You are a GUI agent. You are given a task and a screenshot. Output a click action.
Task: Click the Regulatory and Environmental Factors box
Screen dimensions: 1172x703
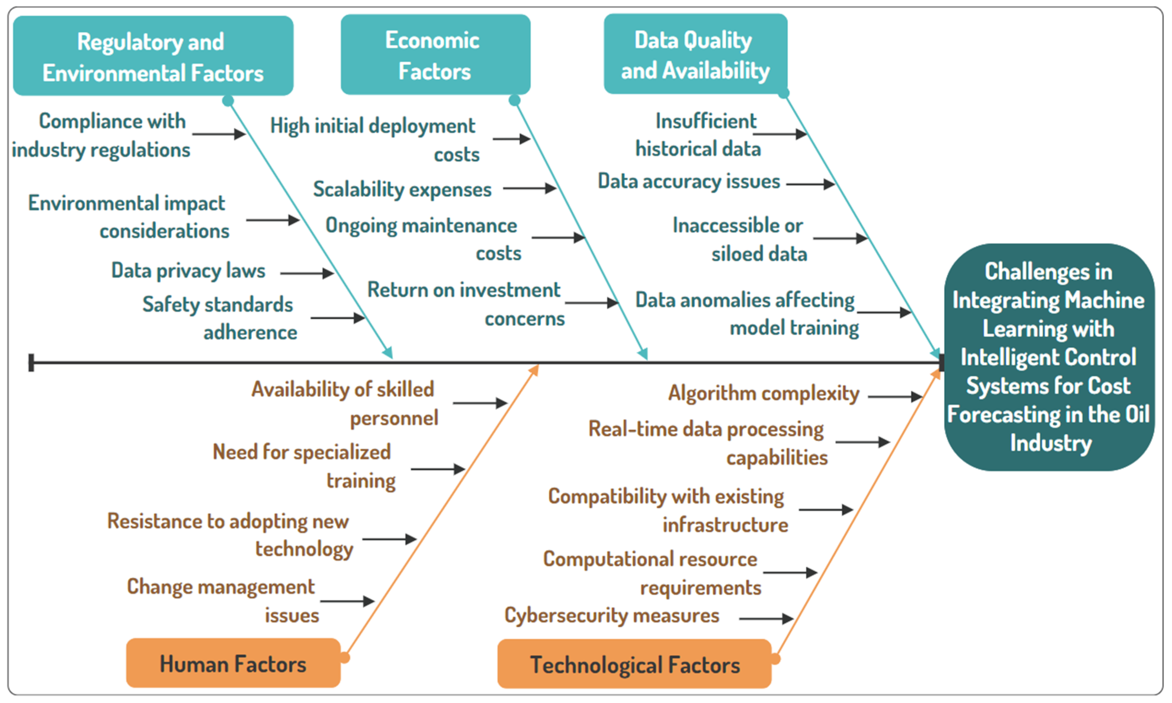[x=153, y=56]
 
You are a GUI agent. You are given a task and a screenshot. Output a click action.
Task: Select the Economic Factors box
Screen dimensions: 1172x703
[x=435, y=54]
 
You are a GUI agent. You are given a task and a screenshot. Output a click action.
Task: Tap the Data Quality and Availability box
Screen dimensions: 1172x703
[x=695, y=54]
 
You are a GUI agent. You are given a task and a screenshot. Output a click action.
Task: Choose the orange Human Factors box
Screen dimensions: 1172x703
[x=233, y=663]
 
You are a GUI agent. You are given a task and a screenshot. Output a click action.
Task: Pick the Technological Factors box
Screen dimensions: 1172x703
[x=634, y=664]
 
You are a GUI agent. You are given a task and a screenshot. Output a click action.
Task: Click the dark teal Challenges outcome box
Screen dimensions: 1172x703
[x=1049, y=357]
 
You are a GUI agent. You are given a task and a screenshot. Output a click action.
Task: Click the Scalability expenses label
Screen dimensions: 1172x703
[x=402, y=189]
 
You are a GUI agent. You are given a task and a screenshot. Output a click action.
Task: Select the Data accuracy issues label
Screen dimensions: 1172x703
[x=689, y=182]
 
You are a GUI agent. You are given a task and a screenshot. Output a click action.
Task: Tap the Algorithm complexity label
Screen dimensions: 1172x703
[x=764, y=393]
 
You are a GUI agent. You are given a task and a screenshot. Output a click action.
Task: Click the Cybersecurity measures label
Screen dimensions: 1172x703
[x=612, y=615]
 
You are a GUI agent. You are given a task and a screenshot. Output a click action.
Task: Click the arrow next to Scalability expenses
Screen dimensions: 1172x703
[x=529, y=188]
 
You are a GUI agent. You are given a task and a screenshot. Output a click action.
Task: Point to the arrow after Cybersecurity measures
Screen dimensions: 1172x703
[x=766, y=618]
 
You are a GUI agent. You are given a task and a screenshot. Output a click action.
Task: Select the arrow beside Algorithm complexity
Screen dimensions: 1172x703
[x=895, y=396]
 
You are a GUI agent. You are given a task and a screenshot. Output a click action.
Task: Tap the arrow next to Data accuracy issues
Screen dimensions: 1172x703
[x=810, y=184]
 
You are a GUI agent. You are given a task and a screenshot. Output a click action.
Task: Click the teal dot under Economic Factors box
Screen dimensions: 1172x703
[x=515, y=100]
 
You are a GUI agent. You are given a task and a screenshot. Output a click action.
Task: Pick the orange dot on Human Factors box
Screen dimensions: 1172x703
[x=345, y=658]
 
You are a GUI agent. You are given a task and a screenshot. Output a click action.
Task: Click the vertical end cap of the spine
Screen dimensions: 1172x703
[x=31, y=362]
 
